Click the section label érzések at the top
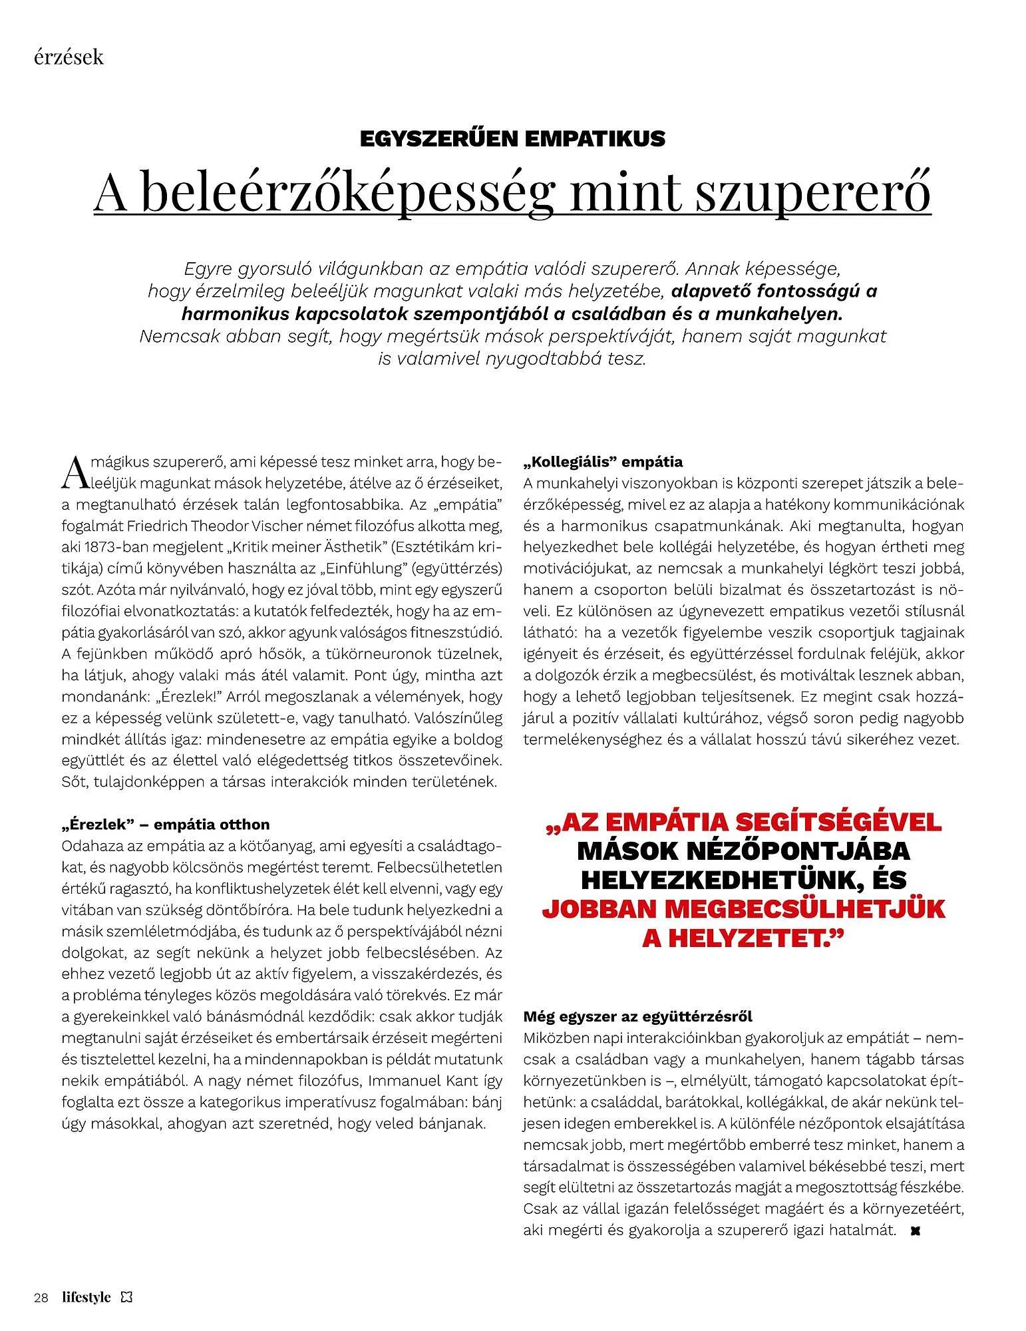point(69,57)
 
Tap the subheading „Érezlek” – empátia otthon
point(166,825)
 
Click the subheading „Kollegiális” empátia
point(603,461)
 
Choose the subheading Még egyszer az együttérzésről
point(637,1016)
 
